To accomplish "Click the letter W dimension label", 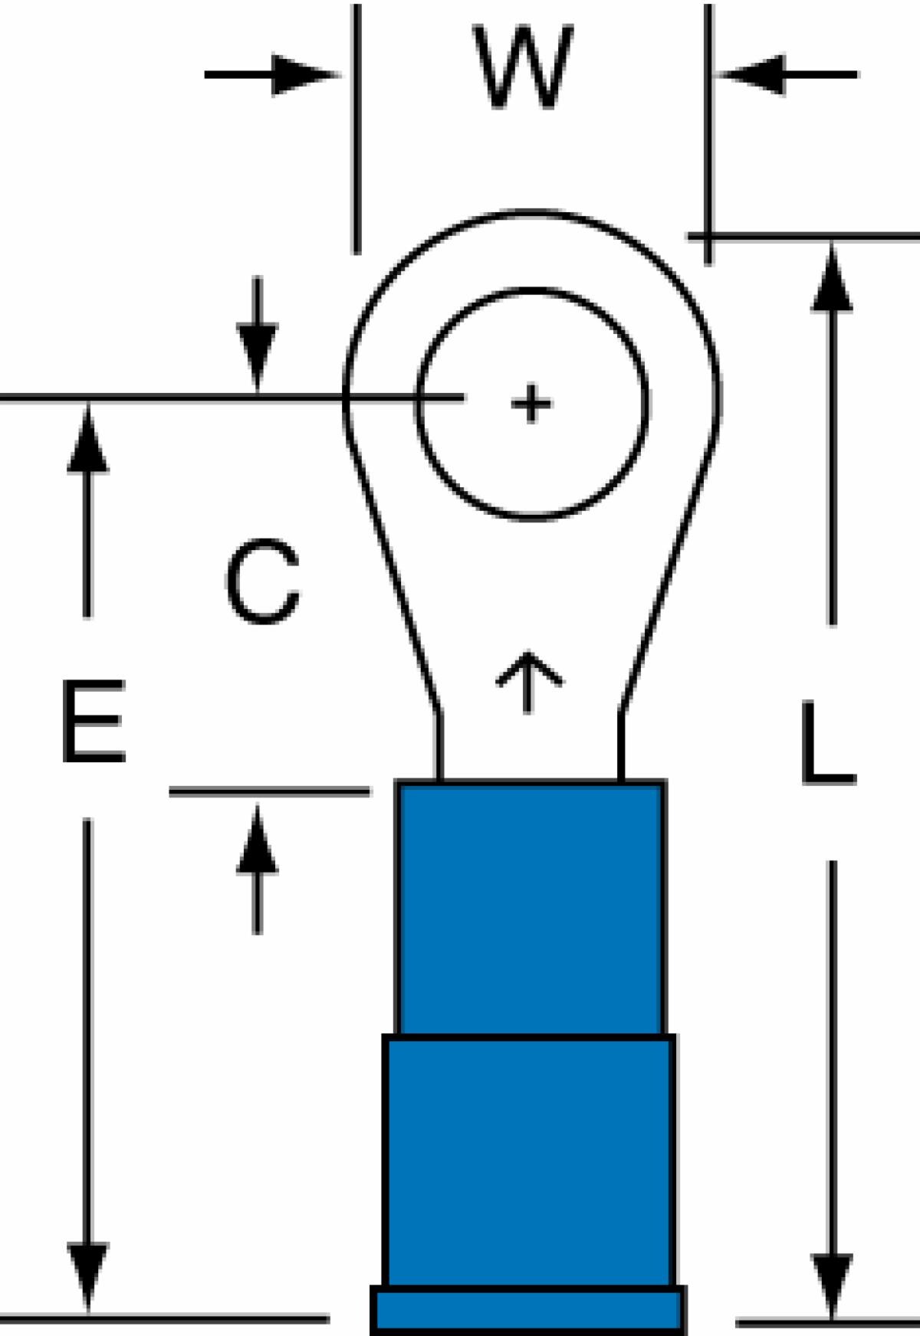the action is pos(523,67).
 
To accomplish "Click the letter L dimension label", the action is pos(826,744).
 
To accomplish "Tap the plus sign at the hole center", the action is pos(531,403).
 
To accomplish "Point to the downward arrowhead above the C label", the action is pos(258,357).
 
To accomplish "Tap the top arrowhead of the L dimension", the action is pos(832,278).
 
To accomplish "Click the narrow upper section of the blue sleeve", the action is pos(531,909).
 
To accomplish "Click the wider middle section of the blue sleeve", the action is pos(529,1161).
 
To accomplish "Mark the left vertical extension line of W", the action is pos(356,129).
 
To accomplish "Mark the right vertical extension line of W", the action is pos(708,134).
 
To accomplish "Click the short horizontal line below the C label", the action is pos(270,791).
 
